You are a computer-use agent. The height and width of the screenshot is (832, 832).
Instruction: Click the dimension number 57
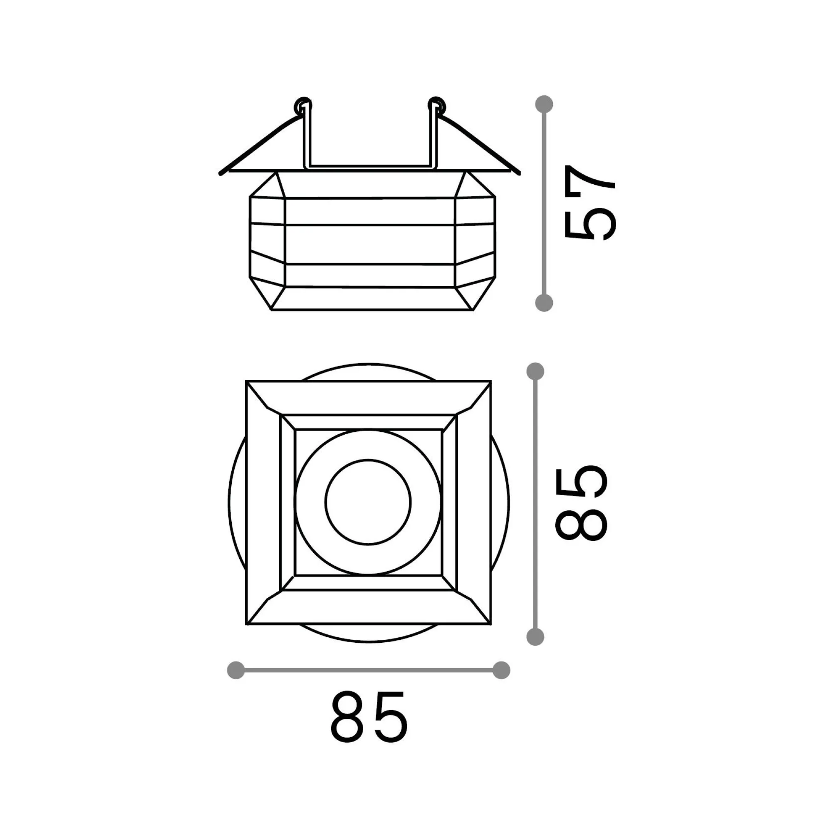pos(590,203)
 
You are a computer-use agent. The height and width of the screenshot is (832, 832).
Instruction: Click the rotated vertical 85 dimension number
pos(582,503)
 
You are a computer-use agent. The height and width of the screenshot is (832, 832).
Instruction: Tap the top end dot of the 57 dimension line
pos(544,104)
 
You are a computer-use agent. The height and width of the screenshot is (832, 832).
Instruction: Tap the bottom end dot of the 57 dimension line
pos(544,303)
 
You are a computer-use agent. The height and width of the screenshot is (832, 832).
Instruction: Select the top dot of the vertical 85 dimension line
pos(535,371)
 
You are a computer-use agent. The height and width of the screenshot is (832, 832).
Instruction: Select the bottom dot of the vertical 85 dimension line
pos(535,636)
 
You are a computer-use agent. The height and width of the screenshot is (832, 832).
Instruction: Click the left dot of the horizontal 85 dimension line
pos(235,671)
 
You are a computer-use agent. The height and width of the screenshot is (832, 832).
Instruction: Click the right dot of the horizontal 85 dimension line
pos(501,671)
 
